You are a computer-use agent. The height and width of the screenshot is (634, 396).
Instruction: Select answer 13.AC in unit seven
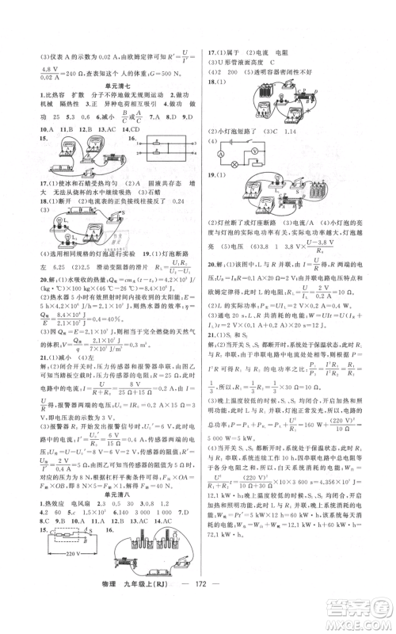pyautogui.click(x=92, y=127)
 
